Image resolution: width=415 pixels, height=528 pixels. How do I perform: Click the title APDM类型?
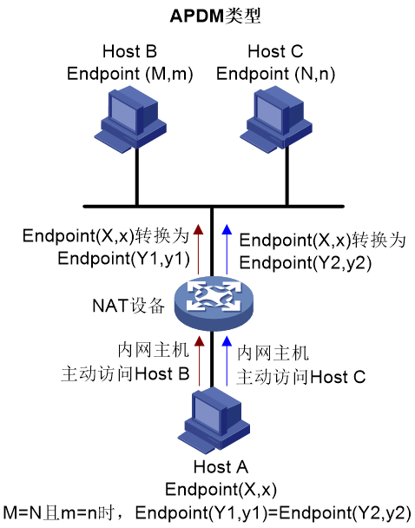click(215, 16)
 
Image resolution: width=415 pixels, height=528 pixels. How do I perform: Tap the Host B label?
click(129, 51)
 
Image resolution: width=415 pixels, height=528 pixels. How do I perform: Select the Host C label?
click(275, 51)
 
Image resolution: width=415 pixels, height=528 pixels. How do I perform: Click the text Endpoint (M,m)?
click(130, 74)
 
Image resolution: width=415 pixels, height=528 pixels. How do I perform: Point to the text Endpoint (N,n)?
click(276, 74)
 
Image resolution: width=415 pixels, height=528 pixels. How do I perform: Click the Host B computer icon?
click(130, 119)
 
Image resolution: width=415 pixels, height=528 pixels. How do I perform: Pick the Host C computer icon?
click(276, 119)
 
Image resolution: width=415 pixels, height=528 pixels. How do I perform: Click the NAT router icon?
click(214, 303)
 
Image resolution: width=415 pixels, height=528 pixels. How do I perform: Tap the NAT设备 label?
click(128, 306)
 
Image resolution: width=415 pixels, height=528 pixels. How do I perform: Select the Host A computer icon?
click(214, 419)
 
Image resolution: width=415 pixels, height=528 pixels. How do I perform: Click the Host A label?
click(221, 467)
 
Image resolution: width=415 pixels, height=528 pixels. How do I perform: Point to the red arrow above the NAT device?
click(199, 249)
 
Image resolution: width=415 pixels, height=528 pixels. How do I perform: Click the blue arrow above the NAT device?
click(227, 249)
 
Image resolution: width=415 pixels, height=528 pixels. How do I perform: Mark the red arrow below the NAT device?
click(200, 360)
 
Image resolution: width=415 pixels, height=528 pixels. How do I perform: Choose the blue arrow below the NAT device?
click(227, 360)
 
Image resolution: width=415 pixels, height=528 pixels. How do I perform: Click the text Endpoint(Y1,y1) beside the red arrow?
click(124, 259)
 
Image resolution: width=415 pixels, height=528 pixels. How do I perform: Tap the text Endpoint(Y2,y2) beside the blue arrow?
click(306, 263)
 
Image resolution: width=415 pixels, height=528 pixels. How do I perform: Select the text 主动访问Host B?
click(125, 374)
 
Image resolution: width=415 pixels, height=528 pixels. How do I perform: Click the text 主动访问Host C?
click(301, 377)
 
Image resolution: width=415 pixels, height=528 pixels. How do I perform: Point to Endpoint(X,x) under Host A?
click(221, 489)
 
